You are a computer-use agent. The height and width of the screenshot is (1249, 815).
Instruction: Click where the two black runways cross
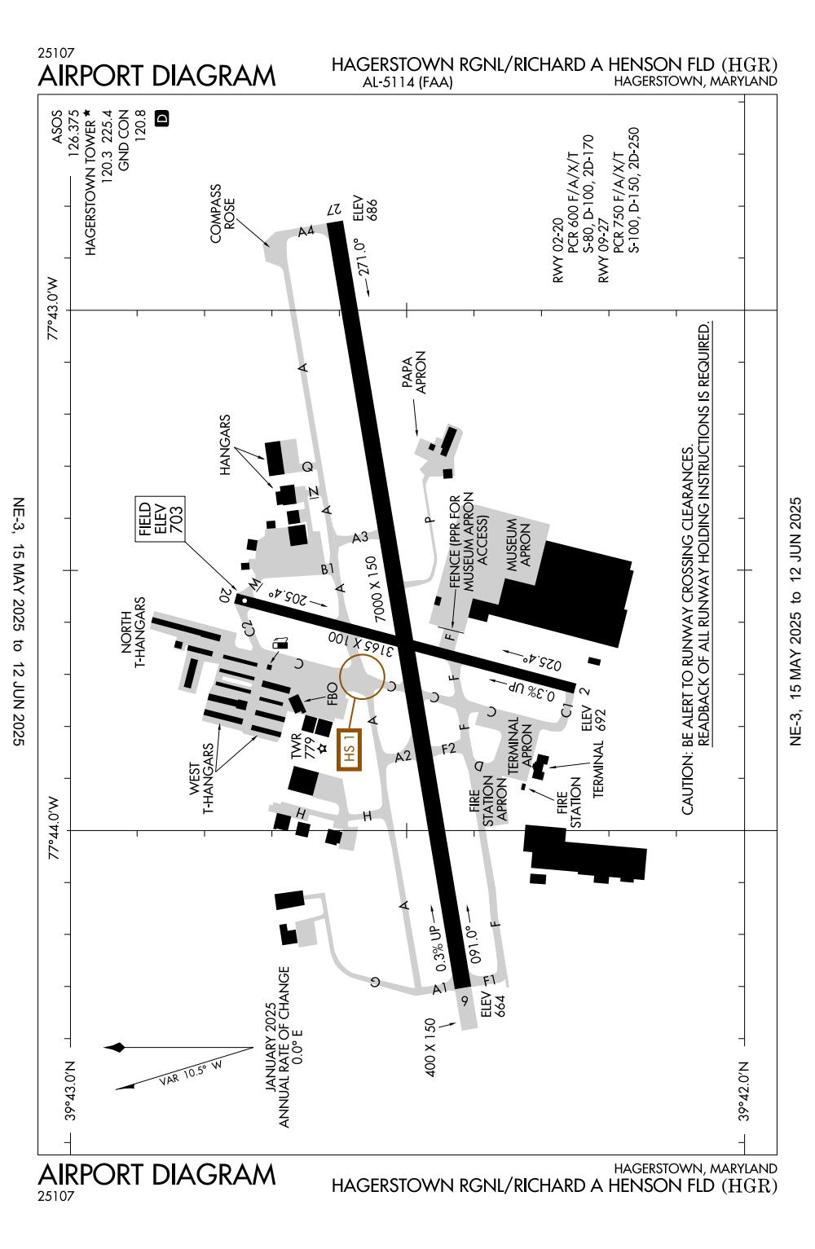click(x=406, y=643)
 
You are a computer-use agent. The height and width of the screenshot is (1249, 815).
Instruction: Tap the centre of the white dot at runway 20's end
click(x=244, y=600)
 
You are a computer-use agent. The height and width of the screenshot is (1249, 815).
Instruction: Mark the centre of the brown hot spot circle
click(x=363, y=676)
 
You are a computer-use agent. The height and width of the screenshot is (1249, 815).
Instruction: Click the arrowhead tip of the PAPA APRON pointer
click(x=416, y=435)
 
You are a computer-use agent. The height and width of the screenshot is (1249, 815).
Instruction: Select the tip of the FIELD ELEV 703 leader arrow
click(x=238, y=594)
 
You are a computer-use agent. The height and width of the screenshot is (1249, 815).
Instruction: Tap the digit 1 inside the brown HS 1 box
click(x=349, y=741)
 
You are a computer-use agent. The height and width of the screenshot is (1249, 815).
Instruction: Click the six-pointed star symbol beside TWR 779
click(x=322, y=748)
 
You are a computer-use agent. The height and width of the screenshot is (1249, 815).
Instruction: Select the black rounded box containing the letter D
click(x=161, y=118)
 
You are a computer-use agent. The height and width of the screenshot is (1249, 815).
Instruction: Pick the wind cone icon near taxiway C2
click(x=280, y=644)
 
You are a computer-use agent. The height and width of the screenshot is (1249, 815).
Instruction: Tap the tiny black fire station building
click(x=523, y=787)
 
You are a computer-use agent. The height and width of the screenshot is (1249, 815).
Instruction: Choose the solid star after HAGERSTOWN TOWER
click(x=86, y=113)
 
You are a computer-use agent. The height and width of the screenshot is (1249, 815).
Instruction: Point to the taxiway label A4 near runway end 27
click(x=306, y=231)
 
